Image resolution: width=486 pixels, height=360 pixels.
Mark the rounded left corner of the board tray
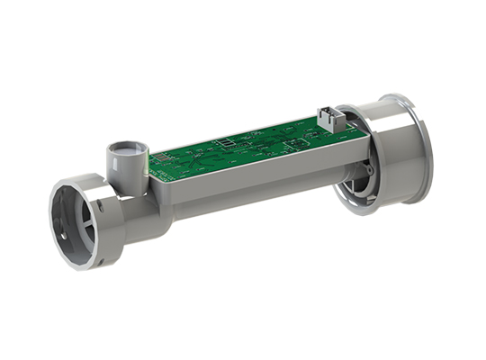pyautogui.click(x=150, y=176)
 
